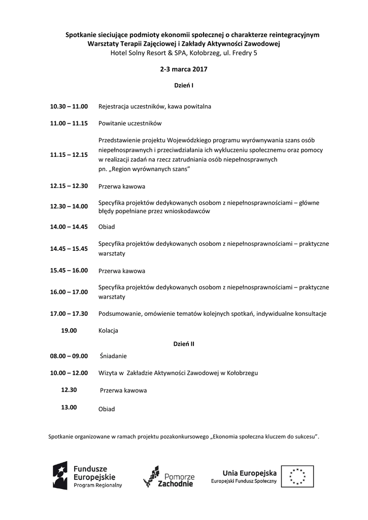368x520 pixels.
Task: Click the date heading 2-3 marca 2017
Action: click(x=183, y=69)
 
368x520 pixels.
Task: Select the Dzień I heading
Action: click(x=184, y=85)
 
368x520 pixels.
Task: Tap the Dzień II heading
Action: click(x=184, y=344)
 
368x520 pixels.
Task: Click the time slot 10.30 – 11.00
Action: click(x=69, y=107)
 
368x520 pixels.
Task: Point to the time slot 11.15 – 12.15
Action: click(x=69, y=154)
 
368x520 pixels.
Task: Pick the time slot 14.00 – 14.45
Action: click(x=69, y=226)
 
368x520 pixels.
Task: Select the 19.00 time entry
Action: click(x=69, y=331)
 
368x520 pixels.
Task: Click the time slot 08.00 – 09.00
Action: click(x=69, y=356)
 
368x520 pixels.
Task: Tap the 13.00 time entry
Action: click(x=69, y=407)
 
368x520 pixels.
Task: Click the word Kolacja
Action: click(x=108, y=331)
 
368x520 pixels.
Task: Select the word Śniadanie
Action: click(x=113, y=356)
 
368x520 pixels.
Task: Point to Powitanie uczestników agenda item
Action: click(x=130, y=123)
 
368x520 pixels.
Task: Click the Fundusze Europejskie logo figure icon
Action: click(x=60, y=476)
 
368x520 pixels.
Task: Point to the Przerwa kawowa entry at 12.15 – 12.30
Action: click(x=122, y=186)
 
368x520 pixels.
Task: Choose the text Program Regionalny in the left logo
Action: click(x=98, y=485)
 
